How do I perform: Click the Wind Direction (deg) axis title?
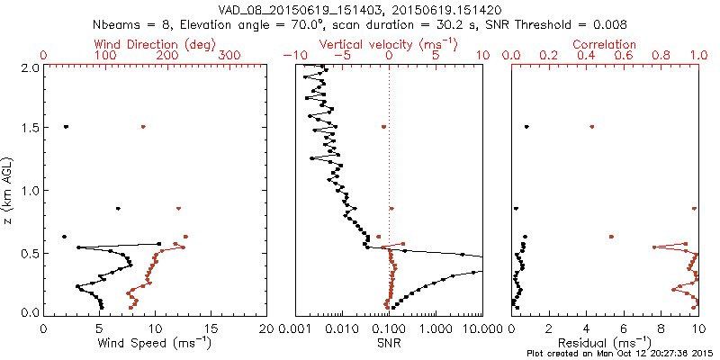154,44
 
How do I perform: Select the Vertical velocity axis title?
389,44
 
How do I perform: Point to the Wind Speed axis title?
155,343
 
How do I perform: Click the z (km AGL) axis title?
10,190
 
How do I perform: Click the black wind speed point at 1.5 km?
66,127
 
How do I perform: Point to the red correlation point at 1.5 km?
591,127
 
